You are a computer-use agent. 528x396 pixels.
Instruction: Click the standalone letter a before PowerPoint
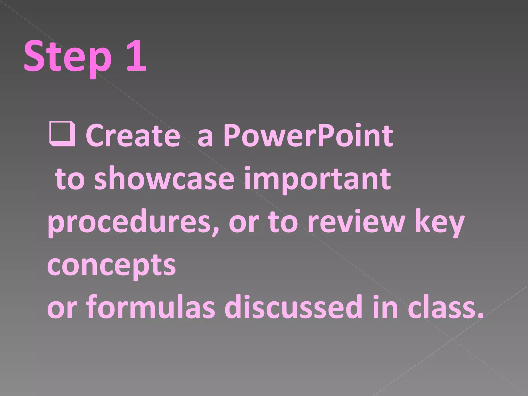205,138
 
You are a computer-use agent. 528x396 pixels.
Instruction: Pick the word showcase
164,178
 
